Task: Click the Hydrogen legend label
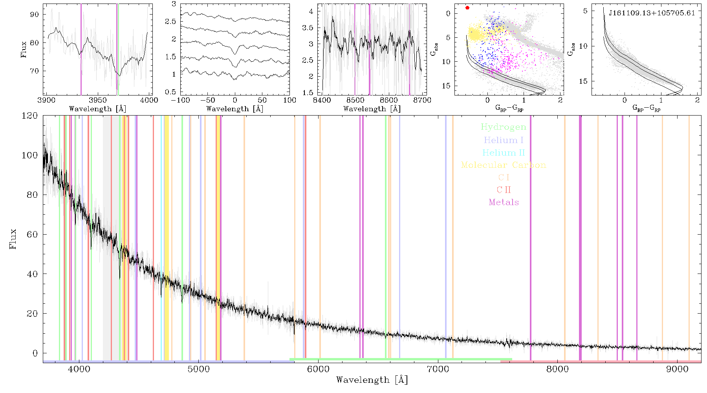pos(503,127)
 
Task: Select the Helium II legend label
pos(504,152)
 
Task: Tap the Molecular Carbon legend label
pos(504,165)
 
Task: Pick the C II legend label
pos(504,190)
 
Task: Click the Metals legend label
pos(504,202)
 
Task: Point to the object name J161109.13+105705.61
pos(652,13)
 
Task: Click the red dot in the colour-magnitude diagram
pos(467,8)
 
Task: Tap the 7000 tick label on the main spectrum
pos(438,369)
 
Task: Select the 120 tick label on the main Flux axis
pos(30,116)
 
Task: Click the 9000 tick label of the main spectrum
pos(677,369)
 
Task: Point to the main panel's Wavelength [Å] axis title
pos(372,380)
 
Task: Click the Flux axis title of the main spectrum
pos(13,239)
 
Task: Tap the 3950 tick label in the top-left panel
pos(97,100)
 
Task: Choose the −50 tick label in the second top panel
pos(207,100)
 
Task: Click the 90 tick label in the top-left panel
pos(35,15)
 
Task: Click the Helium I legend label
pos(504,140)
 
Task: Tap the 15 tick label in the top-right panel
pos(583,81)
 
